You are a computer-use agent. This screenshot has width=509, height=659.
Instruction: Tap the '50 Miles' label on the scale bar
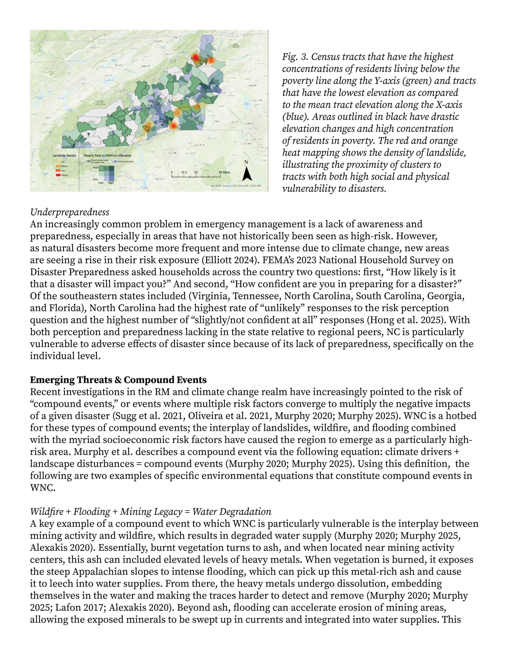[224, 172]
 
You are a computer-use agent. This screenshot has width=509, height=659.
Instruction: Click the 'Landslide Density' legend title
[65, 155]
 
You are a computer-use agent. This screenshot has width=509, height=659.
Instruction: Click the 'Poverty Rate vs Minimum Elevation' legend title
[107, 155]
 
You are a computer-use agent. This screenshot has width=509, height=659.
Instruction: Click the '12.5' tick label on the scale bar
[184, 172]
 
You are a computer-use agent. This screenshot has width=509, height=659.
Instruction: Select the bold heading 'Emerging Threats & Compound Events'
[118, 380]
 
